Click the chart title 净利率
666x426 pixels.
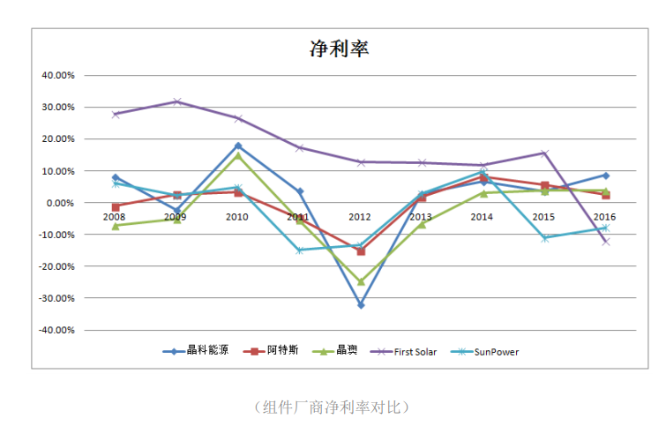[x=339, y=49]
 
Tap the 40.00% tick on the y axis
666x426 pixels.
[x=59, y=76]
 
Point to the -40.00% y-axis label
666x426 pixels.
[x=57, y=330]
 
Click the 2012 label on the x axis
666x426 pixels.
[x=360, y=217]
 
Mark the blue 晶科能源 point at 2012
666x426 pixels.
[x=360, y=305]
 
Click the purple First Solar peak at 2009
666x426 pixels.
[x=176, y=101]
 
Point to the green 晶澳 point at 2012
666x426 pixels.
[x=360, y=282]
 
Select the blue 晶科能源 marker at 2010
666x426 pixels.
[x=238, y=146]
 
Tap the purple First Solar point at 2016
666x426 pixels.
[x=605, y=242]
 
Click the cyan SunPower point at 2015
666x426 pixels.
[x=544, y=238]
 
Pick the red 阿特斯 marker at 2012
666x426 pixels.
[x=360, y=251]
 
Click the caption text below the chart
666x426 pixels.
[x=332, y=407]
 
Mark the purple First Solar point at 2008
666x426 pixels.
[x=116, y=114]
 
